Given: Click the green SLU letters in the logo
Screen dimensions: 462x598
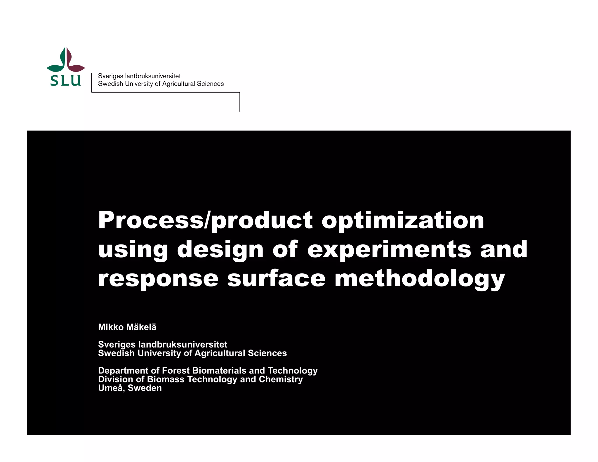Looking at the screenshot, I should click(x=65, y=80).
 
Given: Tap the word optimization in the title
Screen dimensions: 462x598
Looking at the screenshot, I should click(x=403, y=221).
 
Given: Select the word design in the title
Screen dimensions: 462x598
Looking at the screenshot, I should click(x=220, y=250).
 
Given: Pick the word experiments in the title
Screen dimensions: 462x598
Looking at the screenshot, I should click(x=389, y=250).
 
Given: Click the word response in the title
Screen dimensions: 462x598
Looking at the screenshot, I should click(x=158, y=279).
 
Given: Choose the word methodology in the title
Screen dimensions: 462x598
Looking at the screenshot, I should click(x=420, y=279).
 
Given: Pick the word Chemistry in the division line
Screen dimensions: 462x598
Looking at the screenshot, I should click(x=281, y=379).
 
